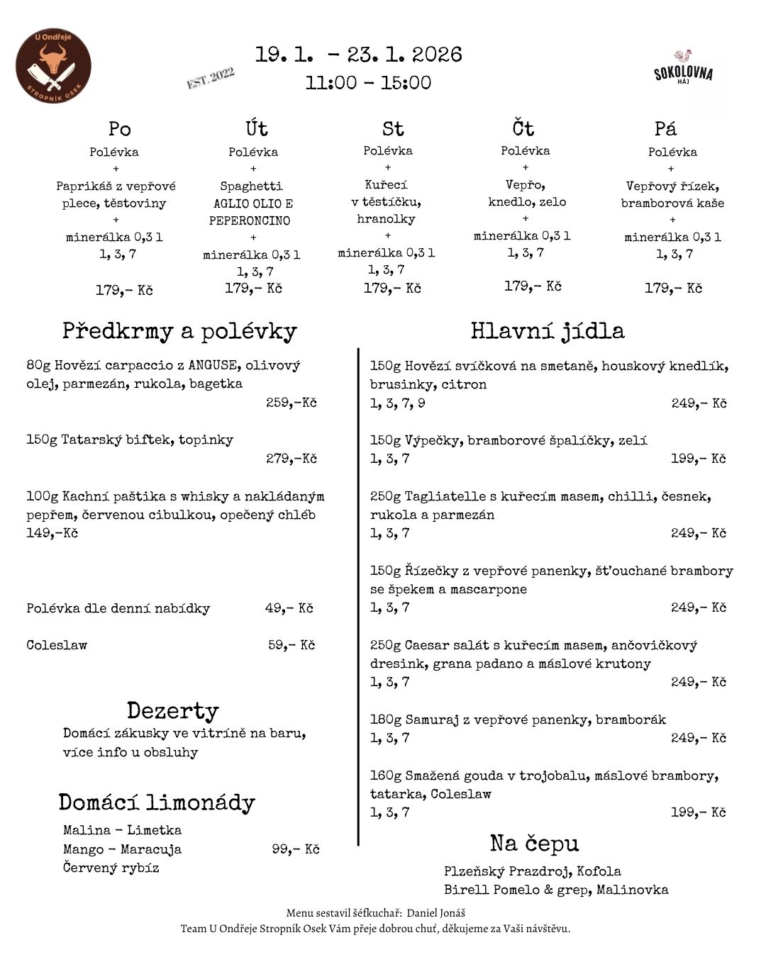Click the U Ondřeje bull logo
[x=53, y=65]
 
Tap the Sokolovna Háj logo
[x=683, y=69]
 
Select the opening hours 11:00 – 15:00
[x=368, y=83]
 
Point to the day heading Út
[x=257, y=128]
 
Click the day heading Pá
[x=665, y=128]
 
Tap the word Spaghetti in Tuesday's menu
[x=251, y=186]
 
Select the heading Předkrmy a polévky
[x=179, y=331]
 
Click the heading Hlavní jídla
[x=548, y=331]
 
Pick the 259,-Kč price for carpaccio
[x=292, y=403]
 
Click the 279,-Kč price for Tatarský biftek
[x=292, y=459]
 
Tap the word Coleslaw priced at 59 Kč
[x=57, y=645]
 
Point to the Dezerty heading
[x=173, y=710]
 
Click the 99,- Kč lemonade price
[x=296, y=849]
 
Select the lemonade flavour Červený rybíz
[x=111, y=868]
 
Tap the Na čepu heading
[x=534, y=844]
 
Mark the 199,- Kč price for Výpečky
[x=699, y=459]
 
